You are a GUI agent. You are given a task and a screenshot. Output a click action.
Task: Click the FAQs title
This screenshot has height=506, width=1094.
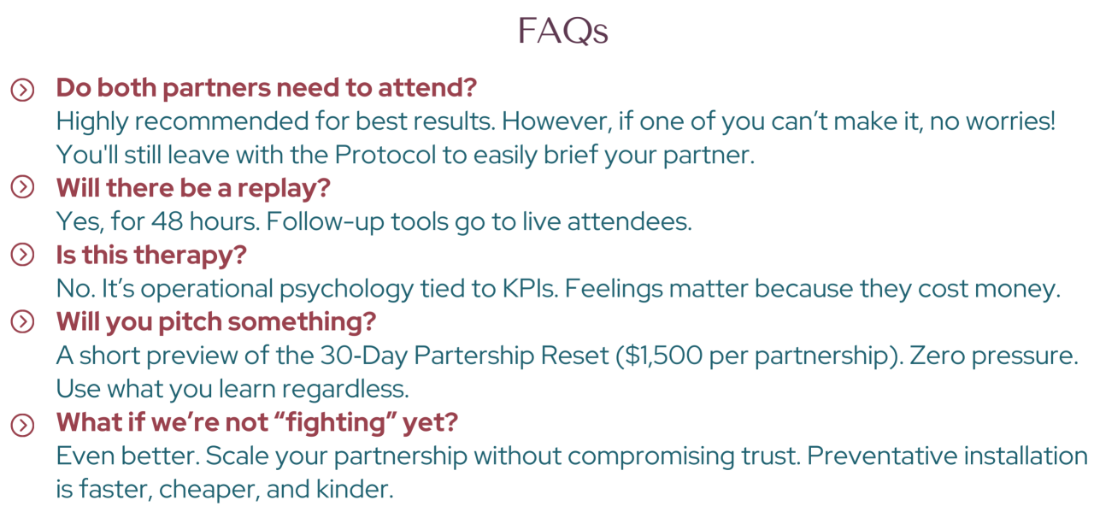(x=562, y=31)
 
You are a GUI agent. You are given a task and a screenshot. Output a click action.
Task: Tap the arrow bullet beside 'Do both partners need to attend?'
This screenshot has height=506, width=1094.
(x=22, y=90)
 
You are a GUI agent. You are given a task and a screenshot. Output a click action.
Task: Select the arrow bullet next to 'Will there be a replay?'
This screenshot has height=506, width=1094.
(x=22, y=187)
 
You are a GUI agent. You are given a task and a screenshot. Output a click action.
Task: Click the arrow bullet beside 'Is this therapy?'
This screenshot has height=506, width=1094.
(x=22, y=255)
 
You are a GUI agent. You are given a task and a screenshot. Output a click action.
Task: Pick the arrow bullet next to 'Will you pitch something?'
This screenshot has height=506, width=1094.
(x=22, y=321)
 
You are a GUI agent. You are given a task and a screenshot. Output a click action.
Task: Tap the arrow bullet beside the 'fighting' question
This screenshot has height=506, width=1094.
(x=22, y=425)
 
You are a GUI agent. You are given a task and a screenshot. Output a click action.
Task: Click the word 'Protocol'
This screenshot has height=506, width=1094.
(x=385, y=155)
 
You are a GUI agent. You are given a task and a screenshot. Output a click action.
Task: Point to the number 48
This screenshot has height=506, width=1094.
(x=167, y=221)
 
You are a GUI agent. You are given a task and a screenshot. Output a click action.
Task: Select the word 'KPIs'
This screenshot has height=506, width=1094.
(x=530, y=289)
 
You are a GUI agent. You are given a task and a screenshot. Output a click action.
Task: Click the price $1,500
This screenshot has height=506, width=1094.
(x=659, y=356)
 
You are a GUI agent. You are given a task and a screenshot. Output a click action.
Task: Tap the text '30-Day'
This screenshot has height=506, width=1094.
(x=364, y=356)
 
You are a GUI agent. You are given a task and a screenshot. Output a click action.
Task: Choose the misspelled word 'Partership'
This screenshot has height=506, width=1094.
(x=511, y=356)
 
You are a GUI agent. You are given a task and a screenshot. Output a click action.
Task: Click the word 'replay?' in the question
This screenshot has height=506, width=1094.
(x=284, y=189)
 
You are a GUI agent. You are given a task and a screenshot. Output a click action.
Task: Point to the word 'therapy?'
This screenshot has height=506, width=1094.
(x=190, y=256)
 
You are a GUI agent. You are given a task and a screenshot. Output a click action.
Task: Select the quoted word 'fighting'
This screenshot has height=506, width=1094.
(x=337, y=423)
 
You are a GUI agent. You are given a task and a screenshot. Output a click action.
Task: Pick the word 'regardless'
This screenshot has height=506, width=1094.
(x=345, y=389)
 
